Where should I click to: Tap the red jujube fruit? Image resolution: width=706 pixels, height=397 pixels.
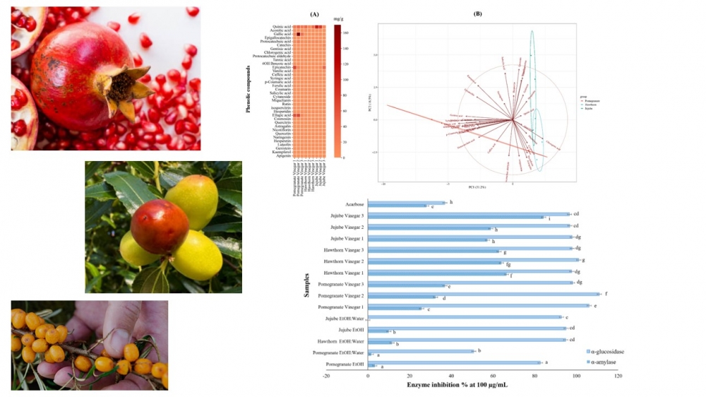click(x=160, y=225)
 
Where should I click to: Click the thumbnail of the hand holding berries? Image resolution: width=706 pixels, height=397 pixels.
click(x=90, y=345)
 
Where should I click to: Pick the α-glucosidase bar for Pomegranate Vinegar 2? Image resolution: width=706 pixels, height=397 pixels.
click(x=483, y=294)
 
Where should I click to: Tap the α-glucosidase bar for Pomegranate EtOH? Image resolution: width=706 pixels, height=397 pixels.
click(x=453, y=362)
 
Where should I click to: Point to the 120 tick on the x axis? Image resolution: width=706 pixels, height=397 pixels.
click(x=618, y=376)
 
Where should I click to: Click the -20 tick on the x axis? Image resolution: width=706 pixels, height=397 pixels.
click(x=326, y=376)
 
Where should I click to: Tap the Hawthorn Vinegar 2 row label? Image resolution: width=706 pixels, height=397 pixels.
click(x=344, y=261)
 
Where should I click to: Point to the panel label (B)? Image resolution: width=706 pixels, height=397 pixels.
click(x=477, y=13)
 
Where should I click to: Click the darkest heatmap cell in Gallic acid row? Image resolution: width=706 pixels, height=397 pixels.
click(x=299, y=34)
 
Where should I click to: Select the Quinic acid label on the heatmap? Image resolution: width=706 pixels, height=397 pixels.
click(x=282, y=27)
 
